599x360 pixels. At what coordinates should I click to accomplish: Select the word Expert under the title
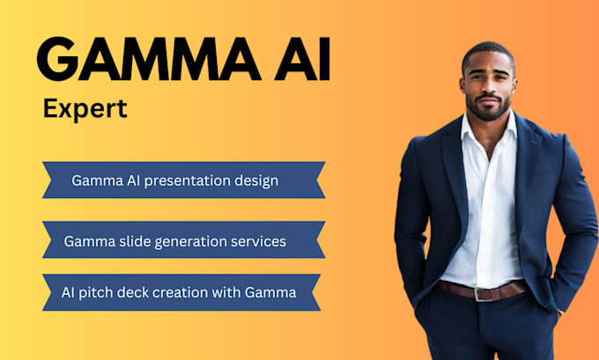point(85,109)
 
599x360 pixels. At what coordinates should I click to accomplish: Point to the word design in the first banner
point(256,180)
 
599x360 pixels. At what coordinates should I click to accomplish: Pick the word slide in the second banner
point(130,240)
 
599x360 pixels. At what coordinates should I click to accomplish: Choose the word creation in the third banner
point(186,291)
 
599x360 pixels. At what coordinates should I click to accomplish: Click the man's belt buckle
point(482,292)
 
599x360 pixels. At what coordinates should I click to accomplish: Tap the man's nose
point(486,86)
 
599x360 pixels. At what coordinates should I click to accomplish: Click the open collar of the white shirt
point(486,141)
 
